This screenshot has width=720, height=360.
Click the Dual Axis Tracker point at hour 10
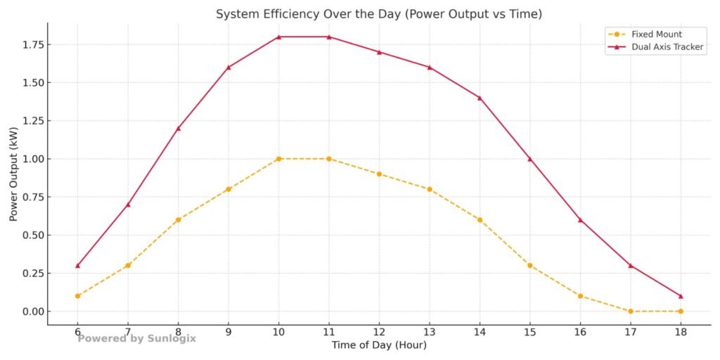tap(278, 37)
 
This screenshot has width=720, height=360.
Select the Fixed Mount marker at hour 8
tap(178, 219)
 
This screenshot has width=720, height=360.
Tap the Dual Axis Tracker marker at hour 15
tap(529, 159)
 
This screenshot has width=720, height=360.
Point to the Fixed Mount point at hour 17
tap(630, 311)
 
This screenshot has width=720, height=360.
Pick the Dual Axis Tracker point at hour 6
tap(77, 265)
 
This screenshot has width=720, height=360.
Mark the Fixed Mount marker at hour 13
tap(429, 189)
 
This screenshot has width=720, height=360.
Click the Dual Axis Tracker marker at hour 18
tap(680, 296)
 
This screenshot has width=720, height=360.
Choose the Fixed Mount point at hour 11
tap(328, 159)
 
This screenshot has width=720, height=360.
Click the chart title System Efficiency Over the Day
tap(379, 14)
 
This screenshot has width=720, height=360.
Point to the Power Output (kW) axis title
tap(13, 174)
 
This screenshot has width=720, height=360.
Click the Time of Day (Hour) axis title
tap(379, 345)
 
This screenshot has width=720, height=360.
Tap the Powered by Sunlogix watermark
tap(136, 338)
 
